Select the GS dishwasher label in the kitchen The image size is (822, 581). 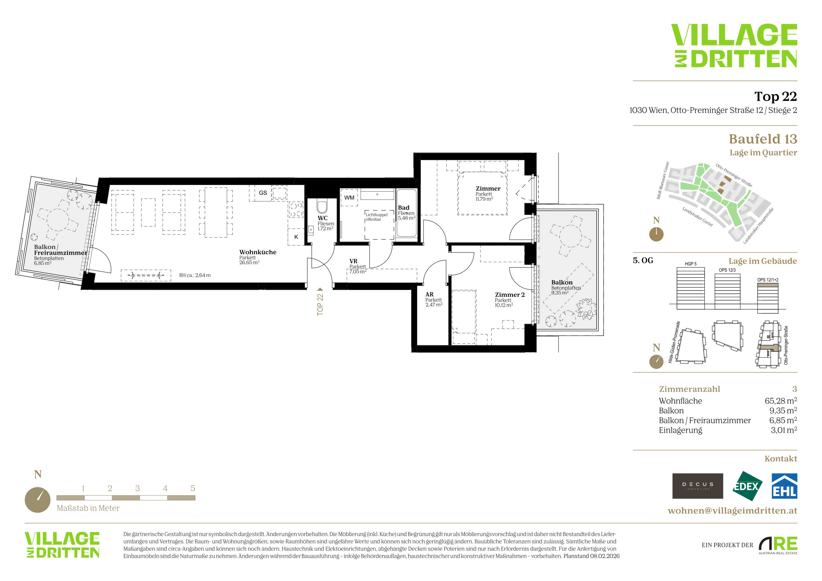coord(263,193)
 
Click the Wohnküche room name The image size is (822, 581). coord(258,252)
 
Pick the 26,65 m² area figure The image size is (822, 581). coord(249,262)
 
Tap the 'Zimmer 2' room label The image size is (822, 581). coord(510,295)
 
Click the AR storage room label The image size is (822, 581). coord(429,294)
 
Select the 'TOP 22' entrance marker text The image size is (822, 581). coord(320,304)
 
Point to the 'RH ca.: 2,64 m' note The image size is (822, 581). coord(195,275)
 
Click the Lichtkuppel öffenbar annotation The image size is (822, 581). coord(376,217)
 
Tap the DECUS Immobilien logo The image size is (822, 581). coord(698,486)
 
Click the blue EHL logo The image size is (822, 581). coord(784,486)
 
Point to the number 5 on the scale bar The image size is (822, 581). coord(193,488)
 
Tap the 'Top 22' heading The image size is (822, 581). coord(775,96)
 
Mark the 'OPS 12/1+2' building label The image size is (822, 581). coord(768,280)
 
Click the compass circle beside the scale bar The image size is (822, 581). coord(38,500)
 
